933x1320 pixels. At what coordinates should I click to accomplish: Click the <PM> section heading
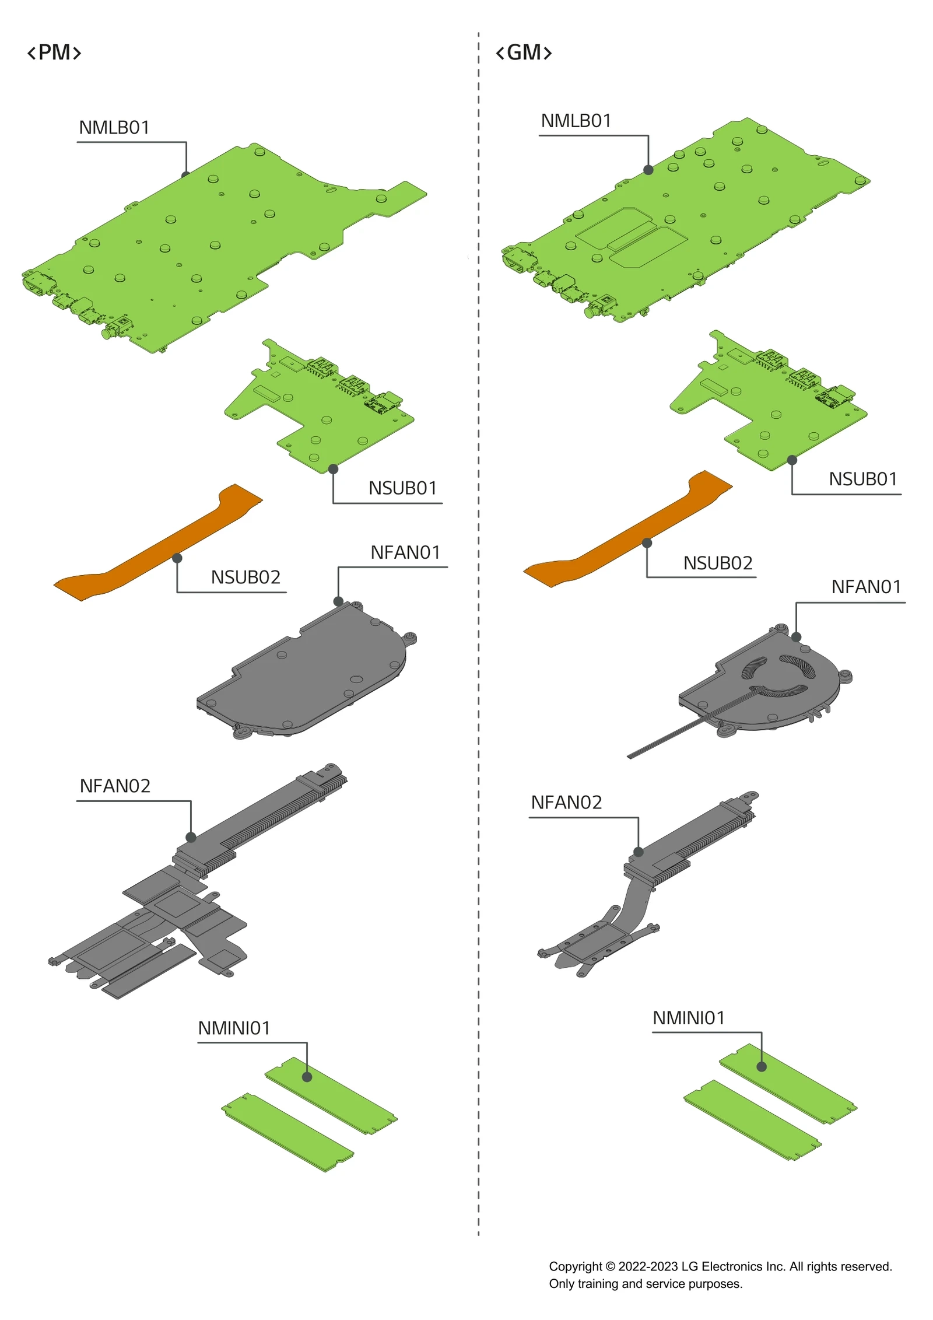(54, 52)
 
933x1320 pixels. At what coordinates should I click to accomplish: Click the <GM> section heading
(523, 52)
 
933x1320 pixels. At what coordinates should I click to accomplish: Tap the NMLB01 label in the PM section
(114, 127)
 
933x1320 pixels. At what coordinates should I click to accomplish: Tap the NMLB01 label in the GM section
(576, 121)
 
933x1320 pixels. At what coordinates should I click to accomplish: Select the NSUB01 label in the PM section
(402, 488)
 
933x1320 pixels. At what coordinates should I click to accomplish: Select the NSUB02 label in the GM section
(717, 563)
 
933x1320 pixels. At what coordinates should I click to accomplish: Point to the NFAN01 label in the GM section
(866, 586)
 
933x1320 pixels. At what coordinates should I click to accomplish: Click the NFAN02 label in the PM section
(115, 786)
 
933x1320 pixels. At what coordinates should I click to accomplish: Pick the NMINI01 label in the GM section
(688, 1018)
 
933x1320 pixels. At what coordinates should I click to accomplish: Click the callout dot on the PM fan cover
(338, 601)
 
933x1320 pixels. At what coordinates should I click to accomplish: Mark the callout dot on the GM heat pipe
(638, 852)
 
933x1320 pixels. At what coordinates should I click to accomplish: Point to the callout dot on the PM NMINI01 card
(307, 1077)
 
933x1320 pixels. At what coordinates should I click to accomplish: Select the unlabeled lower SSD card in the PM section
(288, 1132)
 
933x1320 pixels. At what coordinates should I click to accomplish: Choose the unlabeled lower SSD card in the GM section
(752, 1119)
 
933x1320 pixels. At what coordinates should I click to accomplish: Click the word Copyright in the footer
(575, 1266)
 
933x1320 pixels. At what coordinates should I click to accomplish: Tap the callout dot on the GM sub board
(791, 460)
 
